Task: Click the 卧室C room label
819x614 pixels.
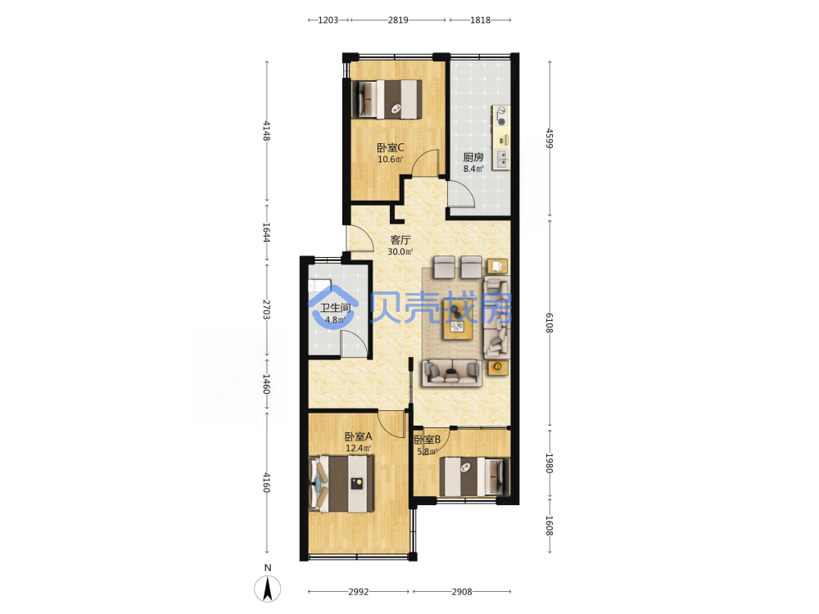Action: click(x=390, y=147)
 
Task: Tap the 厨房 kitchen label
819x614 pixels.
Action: click(x=473, y=157)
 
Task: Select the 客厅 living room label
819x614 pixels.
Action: click(x=400, y=240)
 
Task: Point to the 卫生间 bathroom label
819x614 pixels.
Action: click(x=335, y=308)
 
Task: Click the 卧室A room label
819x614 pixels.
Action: click(x=358, y=436)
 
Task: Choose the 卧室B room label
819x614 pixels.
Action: click(x=428, y=440)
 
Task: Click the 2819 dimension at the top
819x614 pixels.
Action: click(x=398, y=20)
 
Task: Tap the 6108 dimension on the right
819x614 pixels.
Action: click(x=549, y=323)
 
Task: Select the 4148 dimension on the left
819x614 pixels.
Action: click(x=266, y=130)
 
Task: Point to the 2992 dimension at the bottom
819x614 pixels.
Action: click(x=359, y=592)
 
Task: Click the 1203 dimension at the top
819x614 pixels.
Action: click(x=328, y=20)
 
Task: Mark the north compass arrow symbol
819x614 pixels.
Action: click(x=268, y=589)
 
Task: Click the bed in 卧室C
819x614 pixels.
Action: click(x=387, y=99)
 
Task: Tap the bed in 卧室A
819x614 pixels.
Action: click(x=342, y=484)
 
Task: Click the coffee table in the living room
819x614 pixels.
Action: click(x=458, y=319)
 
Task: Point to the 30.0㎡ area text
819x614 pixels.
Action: click(x=400, y=251)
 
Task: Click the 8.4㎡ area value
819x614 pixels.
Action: click(x=473, y=169)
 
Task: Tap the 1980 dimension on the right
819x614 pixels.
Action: click(x=549, y=463)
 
